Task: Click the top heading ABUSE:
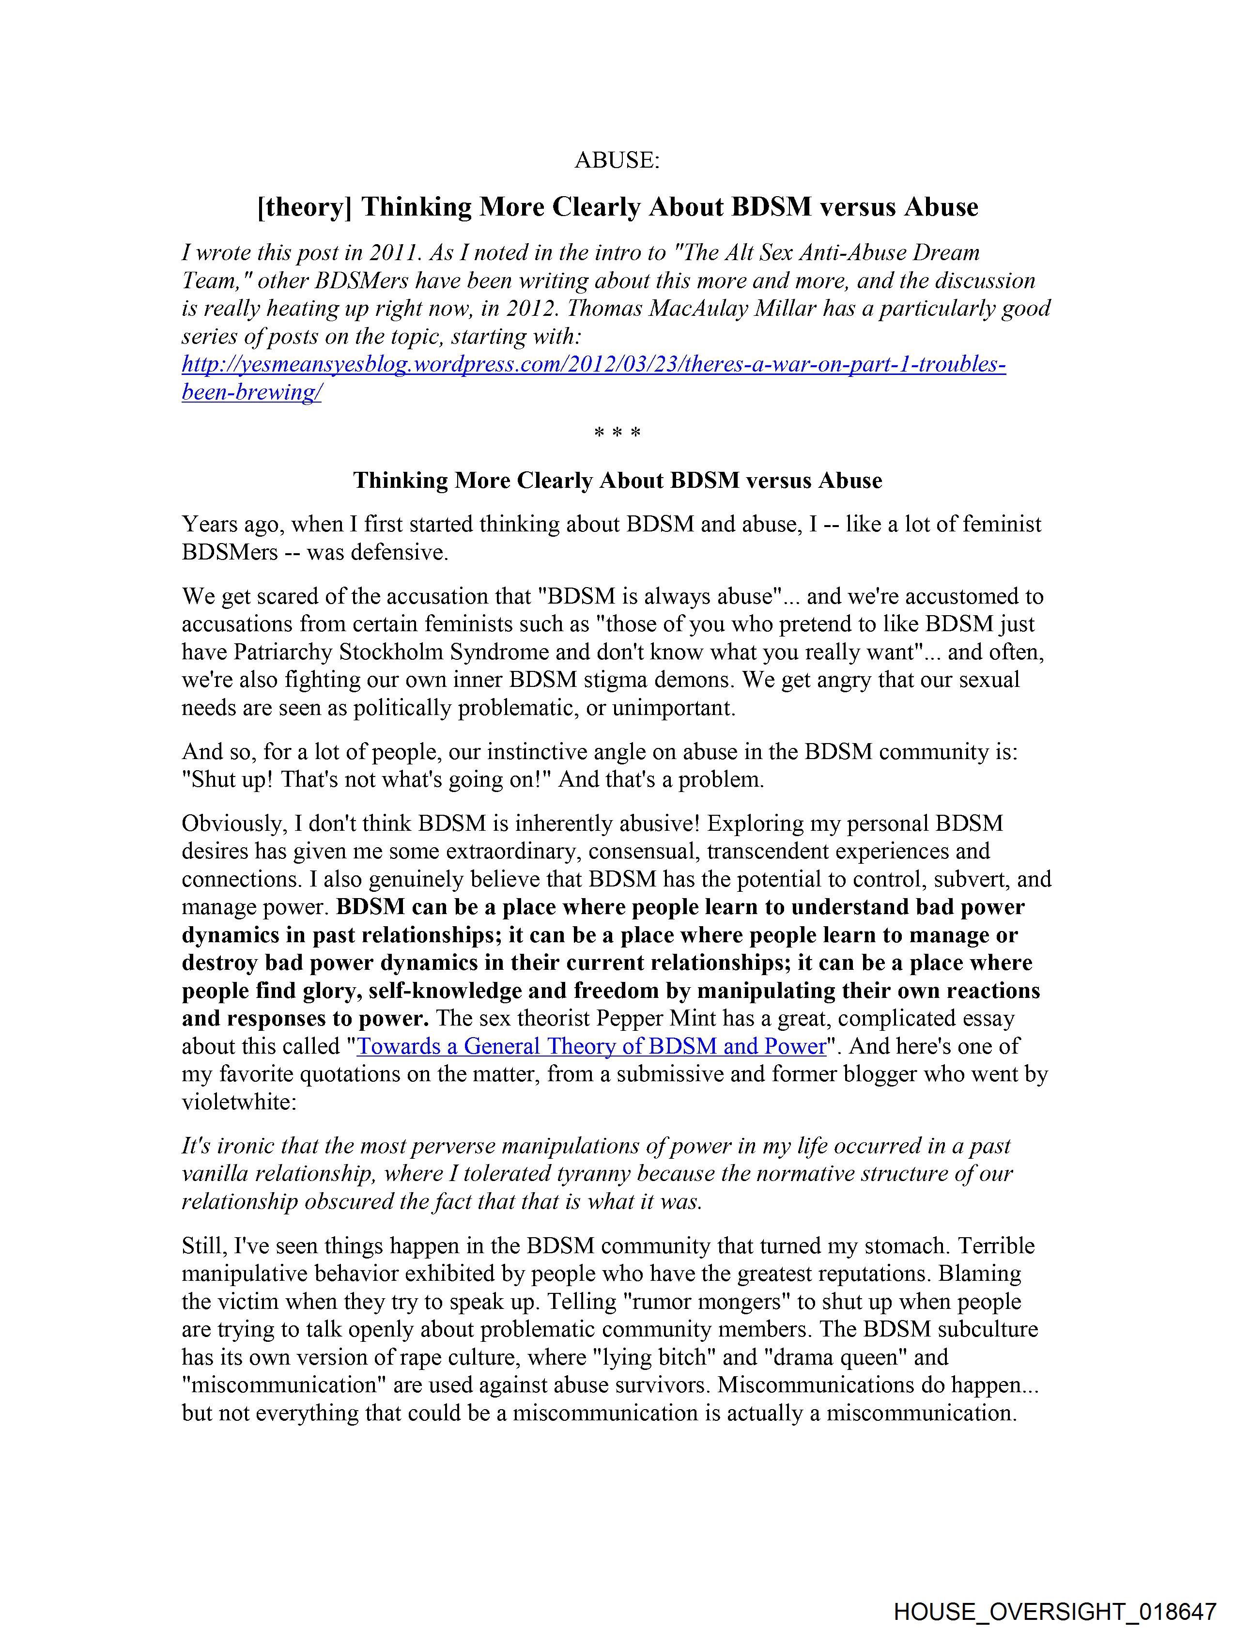[x=617, y=160]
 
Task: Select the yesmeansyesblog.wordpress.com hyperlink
[x=593, y=365]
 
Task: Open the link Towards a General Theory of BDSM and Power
[x=591, y=1046]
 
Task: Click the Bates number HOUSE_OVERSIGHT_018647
[x=1054, y=1611]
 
